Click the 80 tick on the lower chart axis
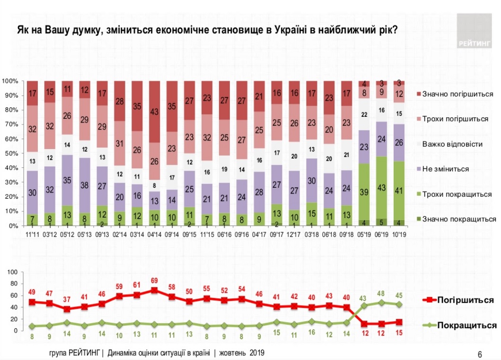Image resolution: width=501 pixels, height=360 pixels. click(x=14, y=284)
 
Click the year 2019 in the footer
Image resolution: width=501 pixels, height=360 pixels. click(x=256, y=353)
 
